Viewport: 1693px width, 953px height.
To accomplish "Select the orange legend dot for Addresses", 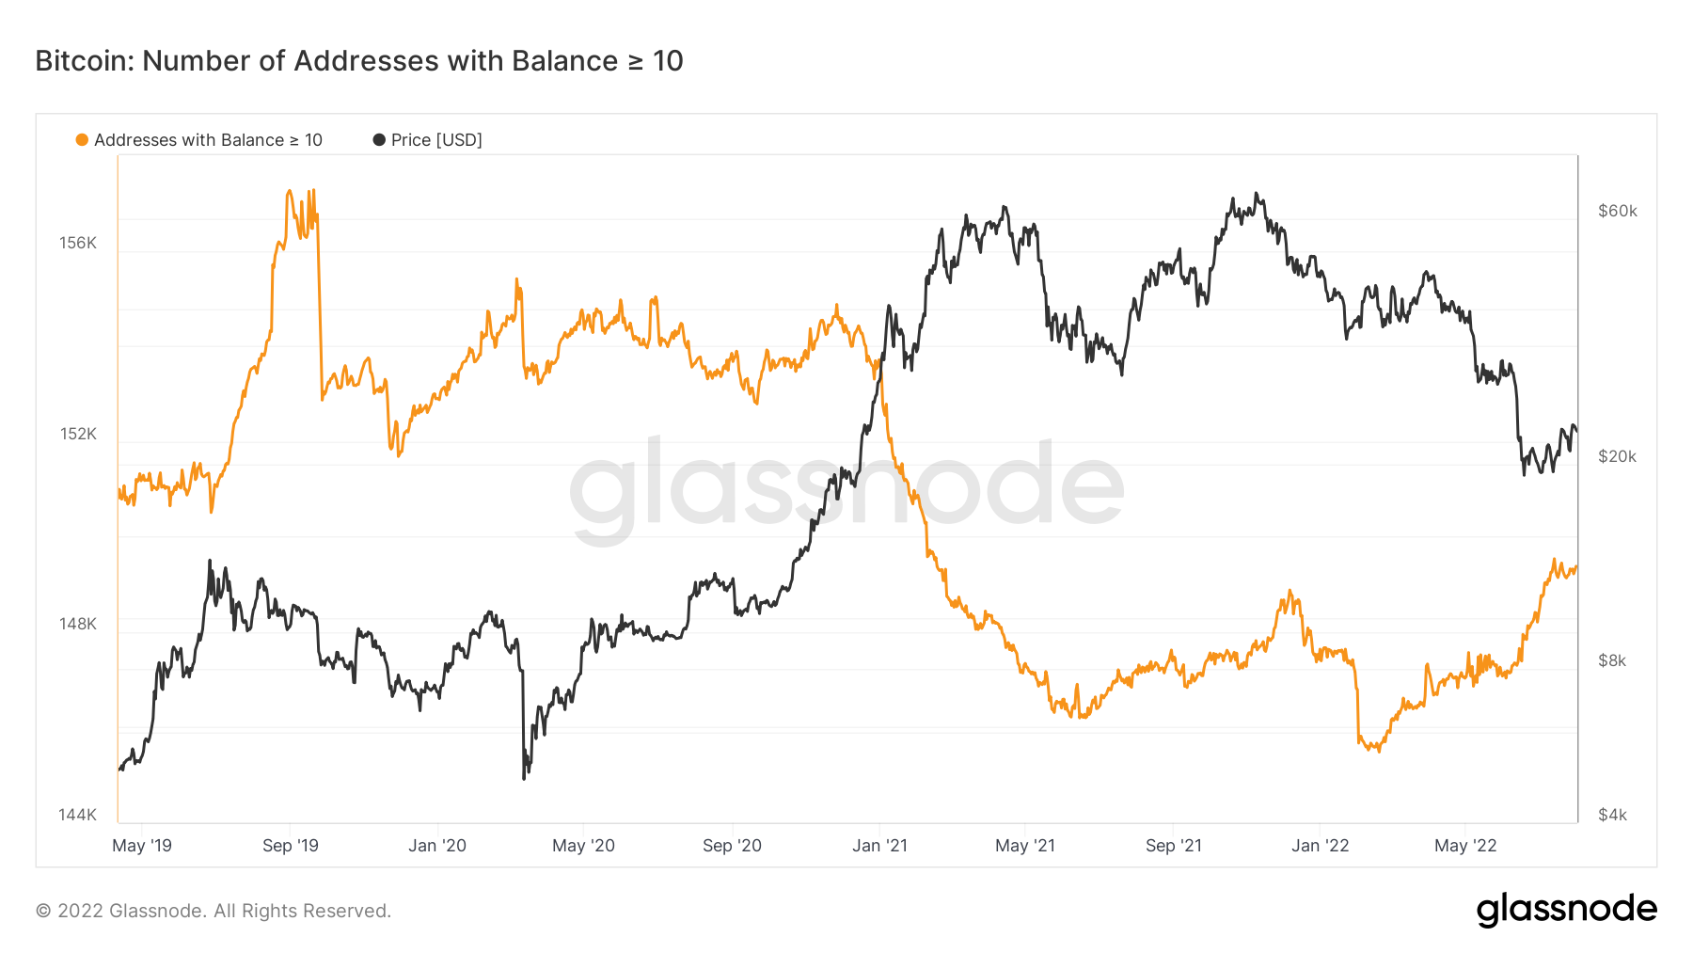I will (x=82, y=140).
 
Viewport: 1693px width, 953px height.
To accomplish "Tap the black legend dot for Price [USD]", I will (x=379, y=140).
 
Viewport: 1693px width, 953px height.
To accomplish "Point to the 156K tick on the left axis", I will (x=78, y=243).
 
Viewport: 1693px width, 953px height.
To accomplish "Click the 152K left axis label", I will (x=78, y=434).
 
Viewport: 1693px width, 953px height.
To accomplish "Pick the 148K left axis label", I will (x=78, y=624).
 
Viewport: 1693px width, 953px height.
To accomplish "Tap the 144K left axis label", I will (x=78, y=815).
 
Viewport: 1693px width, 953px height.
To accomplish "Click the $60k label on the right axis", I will (x=1617, y=211).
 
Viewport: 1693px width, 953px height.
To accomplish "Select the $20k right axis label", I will (x=1617, y=456).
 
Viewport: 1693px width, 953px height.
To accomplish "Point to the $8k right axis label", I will (x=1612, y=660).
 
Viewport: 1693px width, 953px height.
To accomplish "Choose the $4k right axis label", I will (x=1612, y=815).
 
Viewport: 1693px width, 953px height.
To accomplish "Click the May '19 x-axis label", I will (x=142, y=845).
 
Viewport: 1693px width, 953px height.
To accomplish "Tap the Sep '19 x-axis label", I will (x=291, y=845).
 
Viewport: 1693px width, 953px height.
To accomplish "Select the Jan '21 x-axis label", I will (x=879, y=845).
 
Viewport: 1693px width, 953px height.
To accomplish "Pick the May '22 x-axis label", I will (x=1465, y=845).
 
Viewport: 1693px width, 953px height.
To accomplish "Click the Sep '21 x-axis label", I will (x=1174, y=845).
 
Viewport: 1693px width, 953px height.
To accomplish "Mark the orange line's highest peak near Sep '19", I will (x=289, y=191).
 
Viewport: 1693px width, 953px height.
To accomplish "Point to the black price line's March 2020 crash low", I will (x=524, y=777).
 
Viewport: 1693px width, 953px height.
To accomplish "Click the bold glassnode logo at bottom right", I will (x=1566, y=910).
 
